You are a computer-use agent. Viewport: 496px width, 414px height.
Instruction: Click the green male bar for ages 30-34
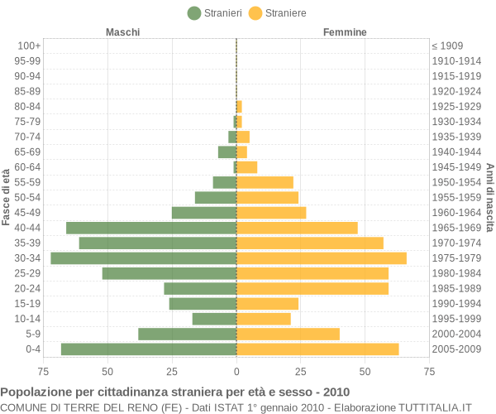point(144,258)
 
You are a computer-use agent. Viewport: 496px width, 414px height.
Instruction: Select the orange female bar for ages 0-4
point(317,349)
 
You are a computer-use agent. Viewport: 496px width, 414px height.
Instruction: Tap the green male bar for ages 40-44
point(151,228)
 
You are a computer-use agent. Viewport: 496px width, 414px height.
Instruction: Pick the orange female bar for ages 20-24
point(312,289)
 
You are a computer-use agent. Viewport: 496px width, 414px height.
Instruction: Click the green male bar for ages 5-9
point(188,334)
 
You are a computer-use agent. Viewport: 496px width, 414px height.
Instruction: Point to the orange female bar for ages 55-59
point(265,182)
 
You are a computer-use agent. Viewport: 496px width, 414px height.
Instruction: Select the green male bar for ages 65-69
point(227,152)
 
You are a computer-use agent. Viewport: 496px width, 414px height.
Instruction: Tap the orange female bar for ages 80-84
point(239,107)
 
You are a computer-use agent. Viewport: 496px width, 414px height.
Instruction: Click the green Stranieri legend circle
point(194,13)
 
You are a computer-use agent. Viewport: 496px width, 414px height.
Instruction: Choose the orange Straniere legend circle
point(255,13)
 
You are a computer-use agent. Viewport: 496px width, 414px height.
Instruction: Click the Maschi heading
point(122,32)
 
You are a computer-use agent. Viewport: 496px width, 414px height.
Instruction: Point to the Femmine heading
point(345,32)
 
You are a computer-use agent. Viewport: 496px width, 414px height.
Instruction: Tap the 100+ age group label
point(29,46)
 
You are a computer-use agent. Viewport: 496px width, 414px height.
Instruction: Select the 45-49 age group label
point(27,213)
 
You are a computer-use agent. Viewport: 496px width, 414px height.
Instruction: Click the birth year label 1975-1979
point(456,258)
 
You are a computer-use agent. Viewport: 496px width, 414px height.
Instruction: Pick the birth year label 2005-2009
point(456,349)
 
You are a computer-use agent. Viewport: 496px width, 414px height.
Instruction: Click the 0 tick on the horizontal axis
point(236,372)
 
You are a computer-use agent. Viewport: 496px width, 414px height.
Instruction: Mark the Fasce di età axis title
point(6,197)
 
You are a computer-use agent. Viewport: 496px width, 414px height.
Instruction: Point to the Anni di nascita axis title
point(489,198)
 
